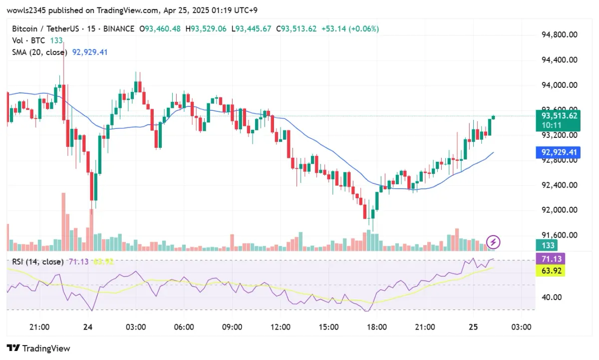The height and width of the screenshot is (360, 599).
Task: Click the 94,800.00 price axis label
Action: [x=560, y=35]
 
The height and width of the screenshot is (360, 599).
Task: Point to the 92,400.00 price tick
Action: [x=560, y=185]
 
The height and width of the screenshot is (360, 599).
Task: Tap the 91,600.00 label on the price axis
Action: [x=560, y=235]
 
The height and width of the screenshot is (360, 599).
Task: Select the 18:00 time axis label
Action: [x=377, y=327]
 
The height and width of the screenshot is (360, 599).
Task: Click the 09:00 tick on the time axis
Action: [x=232, y=327]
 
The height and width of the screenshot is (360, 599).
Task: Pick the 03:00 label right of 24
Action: [x=136, y=327]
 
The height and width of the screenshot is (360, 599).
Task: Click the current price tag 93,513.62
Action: [x=559, y=116]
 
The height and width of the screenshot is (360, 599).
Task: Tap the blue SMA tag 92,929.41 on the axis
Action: [x=559, y=152]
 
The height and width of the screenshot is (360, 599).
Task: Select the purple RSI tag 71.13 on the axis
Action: [x=556, y=259]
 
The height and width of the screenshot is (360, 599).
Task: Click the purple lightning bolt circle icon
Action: [x=493, y=242]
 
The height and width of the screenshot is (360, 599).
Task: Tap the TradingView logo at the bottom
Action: [x=38, y=349]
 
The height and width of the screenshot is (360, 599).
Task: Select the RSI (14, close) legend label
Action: [x=37, y=262]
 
